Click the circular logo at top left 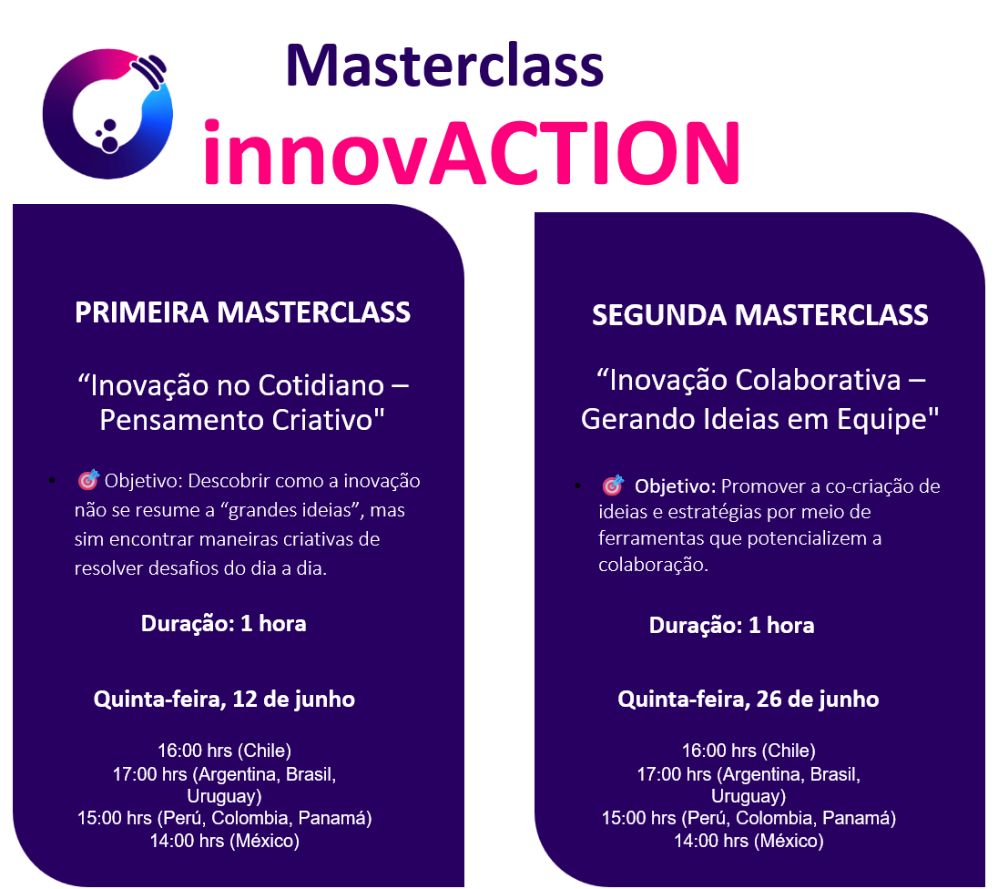[57, 128]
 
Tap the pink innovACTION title [472, 153]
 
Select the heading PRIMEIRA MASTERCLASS [242, 312]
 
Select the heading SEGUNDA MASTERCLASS [760, 315]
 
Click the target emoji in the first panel [88, 479]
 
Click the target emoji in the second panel [613, 485]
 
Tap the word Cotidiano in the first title [321, 386]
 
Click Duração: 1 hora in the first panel [223, 623]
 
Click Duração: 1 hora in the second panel [731, 626]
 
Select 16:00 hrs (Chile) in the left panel [224, 751]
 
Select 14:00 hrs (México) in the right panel [748, 842]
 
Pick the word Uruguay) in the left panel [224, 797]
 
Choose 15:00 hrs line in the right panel [748, 818]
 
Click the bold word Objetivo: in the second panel [675, 486]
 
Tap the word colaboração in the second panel [652, 565]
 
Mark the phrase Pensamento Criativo [242, 420]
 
